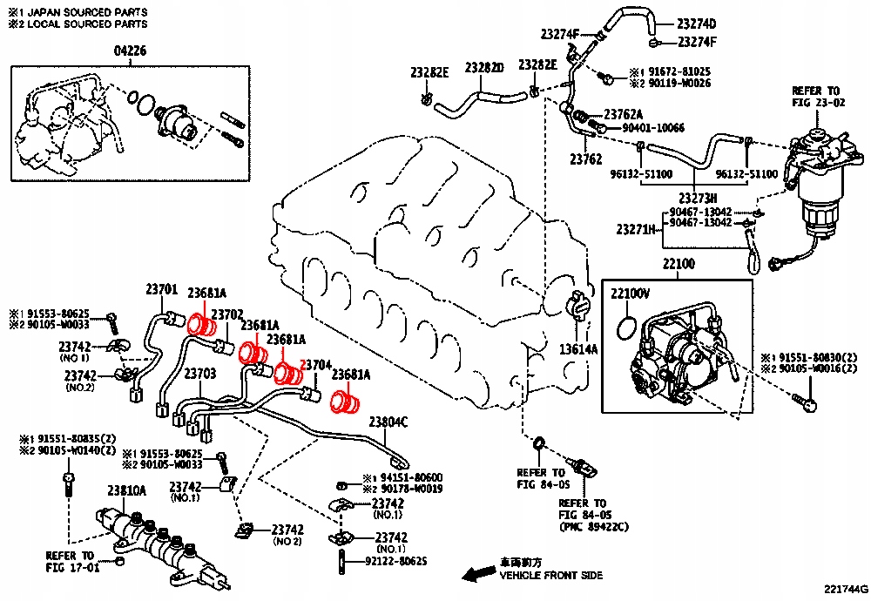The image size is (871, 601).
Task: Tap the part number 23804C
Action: coord(388,422)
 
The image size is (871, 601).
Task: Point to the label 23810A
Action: coord(126,491)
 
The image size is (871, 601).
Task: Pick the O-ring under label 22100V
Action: coord(625,329)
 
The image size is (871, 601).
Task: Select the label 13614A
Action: coord(578,349)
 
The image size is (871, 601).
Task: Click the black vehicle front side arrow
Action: coord(477,573)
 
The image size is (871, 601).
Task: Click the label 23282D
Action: coord(484,68)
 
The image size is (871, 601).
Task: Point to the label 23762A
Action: coord(623,115)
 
